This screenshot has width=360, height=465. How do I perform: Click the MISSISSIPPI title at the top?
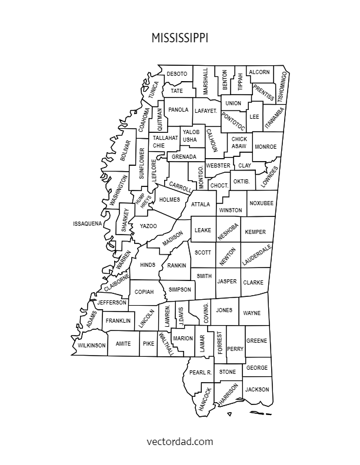pos(179,38)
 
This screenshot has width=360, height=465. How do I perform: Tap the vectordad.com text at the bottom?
pos(179,440)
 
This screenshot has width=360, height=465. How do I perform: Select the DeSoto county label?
pos(177,73)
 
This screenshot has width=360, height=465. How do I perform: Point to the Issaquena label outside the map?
pos(88,224)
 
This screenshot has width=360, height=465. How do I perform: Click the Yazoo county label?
pos(148,226)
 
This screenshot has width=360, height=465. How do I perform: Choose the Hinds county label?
pos(148,265)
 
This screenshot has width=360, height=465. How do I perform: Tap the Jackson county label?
pos(257,390)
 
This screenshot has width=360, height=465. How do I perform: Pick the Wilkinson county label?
pos(92,345)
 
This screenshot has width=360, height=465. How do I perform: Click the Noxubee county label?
pos(261,203)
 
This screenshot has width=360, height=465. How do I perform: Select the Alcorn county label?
pos(259,72)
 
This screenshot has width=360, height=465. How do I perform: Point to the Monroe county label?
pos(266,146)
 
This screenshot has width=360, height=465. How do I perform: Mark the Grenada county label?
pos(184,157)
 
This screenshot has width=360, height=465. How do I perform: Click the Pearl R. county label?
pos(201,373)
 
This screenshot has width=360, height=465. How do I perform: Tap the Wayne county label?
pos(252,313)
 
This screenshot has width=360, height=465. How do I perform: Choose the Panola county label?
pos(178,110)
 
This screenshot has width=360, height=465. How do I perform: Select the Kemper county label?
pos(255,232)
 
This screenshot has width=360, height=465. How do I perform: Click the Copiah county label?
pos(144,292)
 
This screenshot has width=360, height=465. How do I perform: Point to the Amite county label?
pos(124,343)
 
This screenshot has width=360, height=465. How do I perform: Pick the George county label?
pos(257,368)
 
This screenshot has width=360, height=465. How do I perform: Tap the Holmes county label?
pos(169,200)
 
